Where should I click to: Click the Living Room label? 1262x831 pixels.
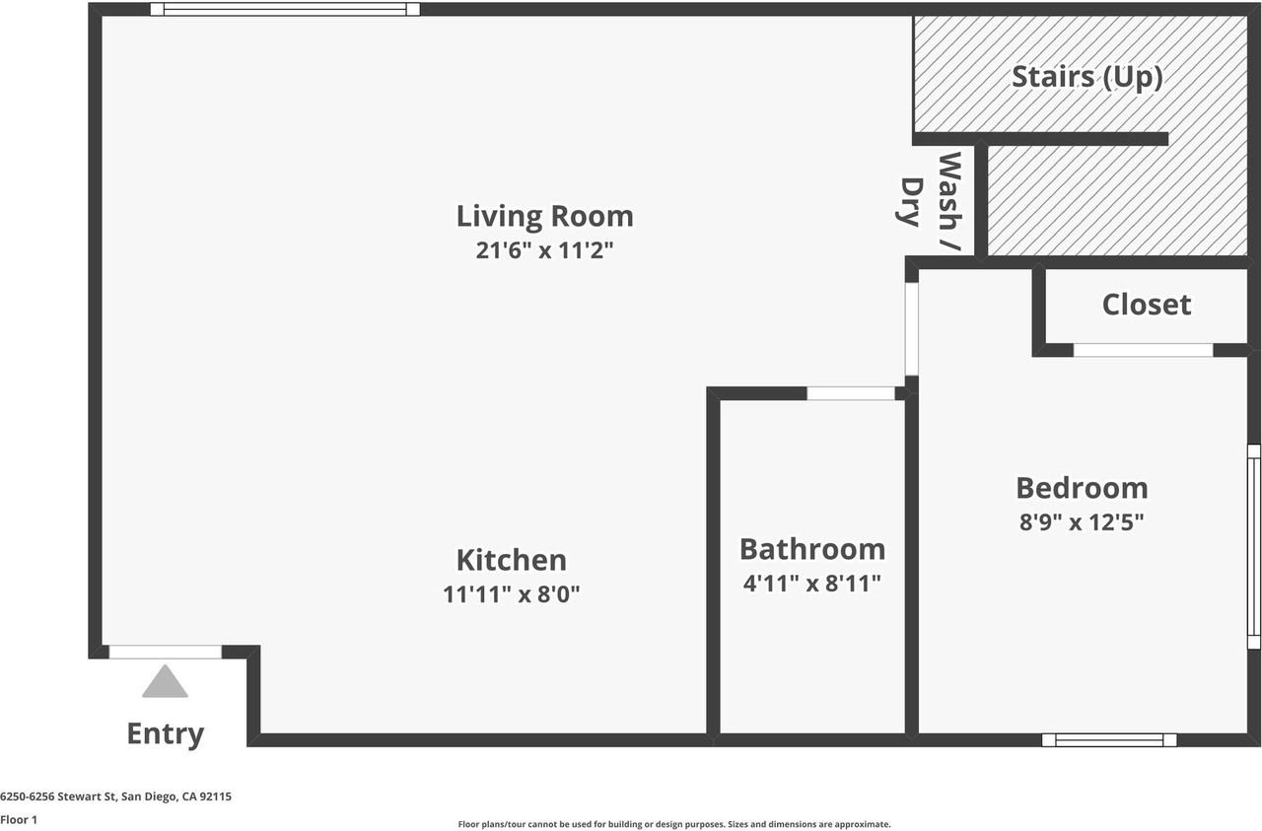pos(544,216)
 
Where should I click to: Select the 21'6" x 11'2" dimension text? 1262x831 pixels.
pos(544,250)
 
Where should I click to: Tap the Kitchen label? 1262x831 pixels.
pos(511,560)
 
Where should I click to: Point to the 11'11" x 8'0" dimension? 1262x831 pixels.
pos(511,594)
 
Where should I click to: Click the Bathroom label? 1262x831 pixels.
pos(811,549)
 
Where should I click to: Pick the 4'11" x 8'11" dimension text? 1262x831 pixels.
pos(811,584)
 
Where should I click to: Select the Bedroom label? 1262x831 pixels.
pos(1082,488)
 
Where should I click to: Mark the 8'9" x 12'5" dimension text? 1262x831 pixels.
pos(1082,521)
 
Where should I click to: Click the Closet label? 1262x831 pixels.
pos(1146,305)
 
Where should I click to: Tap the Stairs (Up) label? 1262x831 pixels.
pos(1087,77)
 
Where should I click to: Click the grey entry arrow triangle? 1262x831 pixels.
pos(165,682)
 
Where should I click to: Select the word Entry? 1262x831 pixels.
pos(165,733)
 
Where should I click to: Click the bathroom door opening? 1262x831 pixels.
pos(851,393)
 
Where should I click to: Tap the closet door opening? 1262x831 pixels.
pos(1143,350)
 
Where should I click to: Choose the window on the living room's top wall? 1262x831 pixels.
pos(285,10)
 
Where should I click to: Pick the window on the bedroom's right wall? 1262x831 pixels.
pos(1254,546)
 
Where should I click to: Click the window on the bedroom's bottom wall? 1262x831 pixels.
pos(1110,739)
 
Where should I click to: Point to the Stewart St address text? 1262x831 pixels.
pos(115,796)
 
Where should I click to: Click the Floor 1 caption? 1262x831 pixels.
pos(19,819)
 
